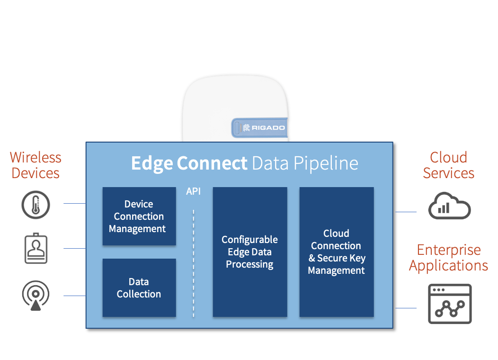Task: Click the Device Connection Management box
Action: (x=139, y=216)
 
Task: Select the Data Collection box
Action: (x=139, y=288)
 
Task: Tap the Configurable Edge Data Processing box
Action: (x=250, y=252)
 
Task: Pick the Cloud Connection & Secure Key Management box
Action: (x=337, y=252)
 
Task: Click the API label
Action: (x=193, y=191)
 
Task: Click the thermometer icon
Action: (x=36, y=205)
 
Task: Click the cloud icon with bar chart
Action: (x=449, y=207)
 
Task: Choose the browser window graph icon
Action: (x=450, y=304)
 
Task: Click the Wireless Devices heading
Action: (x=36, y=165)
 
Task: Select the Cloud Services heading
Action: (x=448, y=165)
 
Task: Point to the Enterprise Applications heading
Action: (x=448, y=258)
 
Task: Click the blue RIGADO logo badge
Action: (x=259, y=127)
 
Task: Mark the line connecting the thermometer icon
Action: (x=74, y=204)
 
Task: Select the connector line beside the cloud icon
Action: (x=406, y=212)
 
